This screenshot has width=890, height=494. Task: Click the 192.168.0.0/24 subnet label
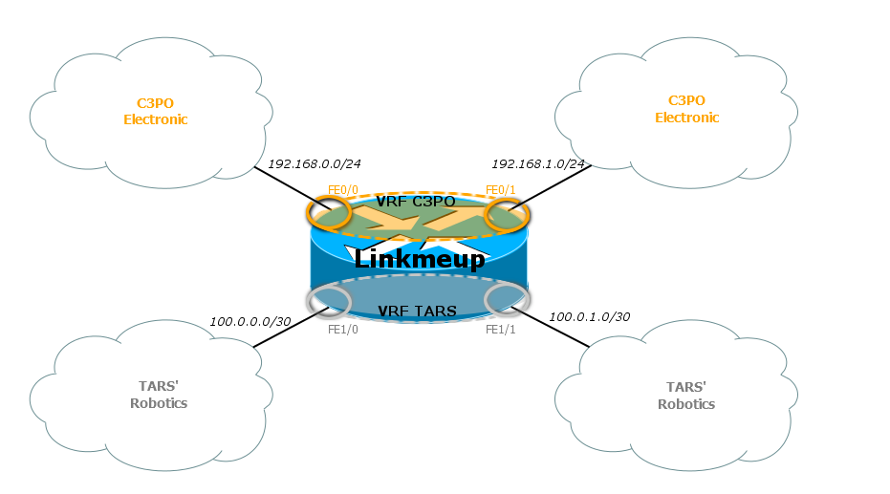coord(314,163)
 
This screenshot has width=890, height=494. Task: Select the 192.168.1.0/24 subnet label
coord(537,163)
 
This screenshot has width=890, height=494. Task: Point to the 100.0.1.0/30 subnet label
coord(589,316)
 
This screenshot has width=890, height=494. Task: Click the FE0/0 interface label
coord(341,189)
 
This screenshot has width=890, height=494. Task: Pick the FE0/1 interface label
coord(500,189)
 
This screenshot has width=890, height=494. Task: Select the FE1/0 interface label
coord(341,330)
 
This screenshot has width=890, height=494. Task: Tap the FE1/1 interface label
coord(500,330)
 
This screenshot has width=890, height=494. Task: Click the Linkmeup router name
coord(419,259)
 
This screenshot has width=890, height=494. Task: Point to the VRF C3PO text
coord(416,203)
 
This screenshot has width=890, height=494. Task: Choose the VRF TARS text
coord(417,311)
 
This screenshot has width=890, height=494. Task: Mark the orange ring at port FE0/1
coord(508,214)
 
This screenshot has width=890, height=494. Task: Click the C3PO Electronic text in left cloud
coord(156,111)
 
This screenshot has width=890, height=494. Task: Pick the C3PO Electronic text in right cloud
coord(686,109)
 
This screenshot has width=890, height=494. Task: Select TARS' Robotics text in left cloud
coord(158,395)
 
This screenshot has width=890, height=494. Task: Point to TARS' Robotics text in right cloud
coord(686,396)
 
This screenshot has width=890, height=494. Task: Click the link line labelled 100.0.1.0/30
coord(564,331)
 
